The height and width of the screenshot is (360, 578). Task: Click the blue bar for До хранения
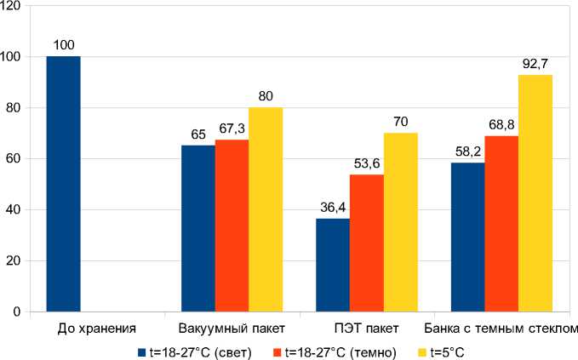click(x=63, y=184)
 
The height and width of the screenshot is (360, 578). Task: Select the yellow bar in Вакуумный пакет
click(x=266, y=209)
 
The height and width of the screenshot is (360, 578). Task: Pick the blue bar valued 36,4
click(x=332, y=265)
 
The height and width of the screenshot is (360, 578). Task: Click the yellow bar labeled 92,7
click(x=535, y=193)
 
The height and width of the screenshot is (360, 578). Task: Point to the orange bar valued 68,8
click(x=501, y=224)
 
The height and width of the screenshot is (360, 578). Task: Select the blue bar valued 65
click(x=197, y=228)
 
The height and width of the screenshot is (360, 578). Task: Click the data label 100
click(x=63, y=45)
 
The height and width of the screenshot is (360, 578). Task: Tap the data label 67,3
click(x=232, y=128)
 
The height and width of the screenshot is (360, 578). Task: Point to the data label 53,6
click(x=366, y=163)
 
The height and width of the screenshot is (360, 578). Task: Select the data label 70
click(x=400, y=121)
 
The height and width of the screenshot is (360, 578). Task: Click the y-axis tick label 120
click(x=12, y=6)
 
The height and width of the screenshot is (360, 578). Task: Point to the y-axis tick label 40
click(x=15, y=209)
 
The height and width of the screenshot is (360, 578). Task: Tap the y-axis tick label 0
click(x=19, y=311)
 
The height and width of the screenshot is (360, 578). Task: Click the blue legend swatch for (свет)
click(x=141, y=351)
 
